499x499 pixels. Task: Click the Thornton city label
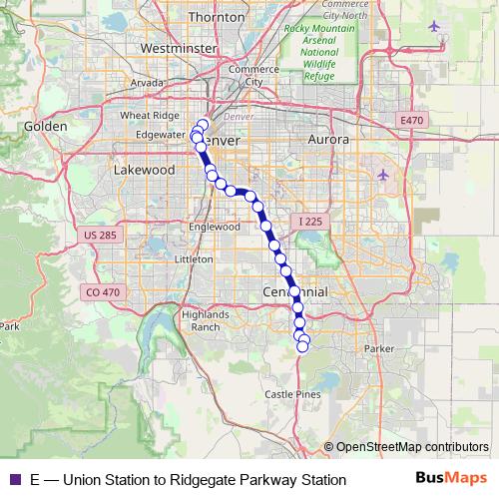216,17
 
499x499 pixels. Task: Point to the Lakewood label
145,171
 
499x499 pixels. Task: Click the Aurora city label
329,141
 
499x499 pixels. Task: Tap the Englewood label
216,227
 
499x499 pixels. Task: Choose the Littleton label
194,258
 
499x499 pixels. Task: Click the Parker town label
380,348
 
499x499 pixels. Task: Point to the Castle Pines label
292,395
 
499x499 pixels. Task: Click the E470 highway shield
411,120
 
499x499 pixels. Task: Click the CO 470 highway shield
102,292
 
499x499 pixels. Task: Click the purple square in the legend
14,480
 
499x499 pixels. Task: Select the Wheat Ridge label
149,116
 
